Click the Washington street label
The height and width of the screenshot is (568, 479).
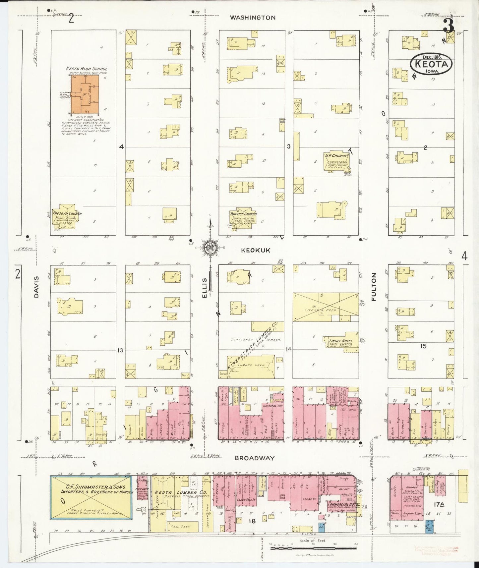253,18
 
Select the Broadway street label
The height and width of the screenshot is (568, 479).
255,458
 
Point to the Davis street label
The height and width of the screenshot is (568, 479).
36,287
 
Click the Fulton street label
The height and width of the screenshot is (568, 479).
374,287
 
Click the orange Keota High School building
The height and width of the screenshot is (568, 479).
85,93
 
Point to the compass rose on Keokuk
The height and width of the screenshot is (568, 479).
210,248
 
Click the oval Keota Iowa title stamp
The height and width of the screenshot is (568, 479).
431,64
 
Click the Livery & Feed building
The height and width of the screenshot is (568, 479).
326,307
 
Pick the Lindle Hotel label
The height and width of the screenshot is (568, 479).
340,341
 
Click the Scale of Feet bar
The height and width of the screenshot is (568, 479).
313,548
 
